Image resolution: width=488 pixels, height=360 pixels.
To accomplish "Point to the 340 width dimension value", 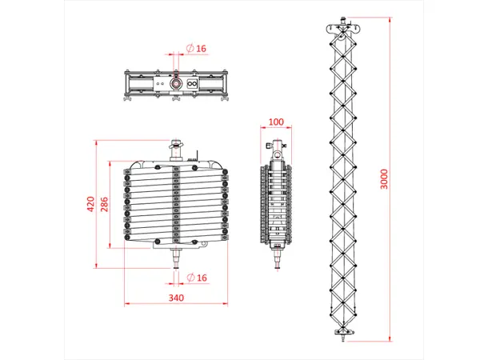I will pyautogui.click(x=176, y=298).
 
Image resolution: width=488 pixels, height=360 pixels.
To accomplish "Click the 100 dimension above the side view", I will pyautogui.click(x=276, y=122).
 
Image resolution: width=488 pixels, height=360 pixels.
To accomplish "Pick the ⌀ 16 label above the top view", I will pyautogui.click(x=197, y=49).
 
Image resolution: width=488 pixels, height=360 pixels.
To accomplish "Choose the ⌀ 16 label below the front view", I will pyautogui.click(x=197, y=278).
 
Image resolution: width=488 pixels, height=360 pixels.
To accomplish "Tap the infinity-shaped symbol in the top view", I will pyautogui.click(x=192, y=82).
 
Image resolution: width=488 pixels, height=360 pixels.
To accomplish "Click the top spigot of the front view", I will pyautogui.click(x=176, y=150).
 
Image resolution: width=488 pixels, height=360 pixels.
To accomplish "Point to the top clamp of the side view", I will pyautogui.click(x=276, y=149).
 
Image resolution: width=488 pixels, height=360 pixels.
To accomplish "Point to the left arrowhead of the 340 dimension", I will pyautogui.click(x=126, y=304).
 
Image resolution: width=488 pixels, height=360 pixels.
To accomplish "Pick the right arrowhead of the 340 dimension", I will pyautogui.click(x=226, y=304).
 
